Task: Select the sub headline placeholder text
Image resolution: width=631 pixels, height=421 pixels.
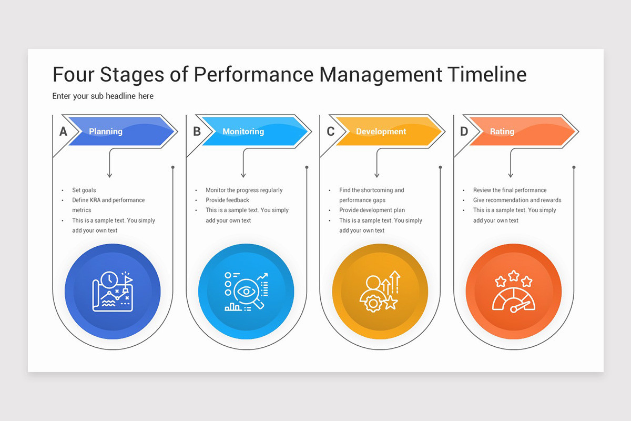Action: pos(103,96)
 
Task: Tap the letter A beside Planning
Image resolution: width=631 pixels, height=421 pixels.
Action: pos(63,132)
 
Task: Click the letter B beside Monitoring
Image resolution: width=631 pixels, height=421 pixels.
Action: pos(197,132)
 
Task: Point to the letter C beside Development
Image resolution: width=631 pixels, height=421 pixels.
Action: pos(330,132)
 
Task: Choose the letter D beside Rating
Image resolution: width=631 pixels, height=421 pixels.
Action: pos(464,132)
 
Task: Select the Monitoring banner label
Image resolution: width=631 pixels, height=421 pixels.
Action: pos(243,132)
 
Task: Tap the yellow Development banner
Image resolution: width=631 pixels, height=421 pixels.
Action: pos(389,132)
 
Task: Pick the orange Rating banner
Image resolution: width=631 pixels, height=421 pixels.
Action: pos(521,132)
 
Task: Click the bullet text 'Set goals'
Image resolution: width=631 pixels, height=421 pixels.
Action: pos(84,190)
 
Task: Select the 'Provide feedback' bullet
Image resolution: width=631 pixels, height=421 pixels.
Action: pos(227,200)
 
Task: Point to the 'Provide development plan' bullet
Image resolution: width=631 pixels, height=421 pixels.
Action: pos(372,210)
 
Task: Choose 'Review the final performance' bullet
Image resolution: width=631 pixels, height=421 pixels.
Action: pos(510,190)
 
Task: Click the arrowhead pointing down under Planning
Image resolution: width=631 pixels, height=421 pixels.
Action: pos(109,175)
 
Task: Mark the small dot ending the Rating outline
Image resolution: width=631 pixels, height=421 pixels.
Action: pos(574,167)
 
